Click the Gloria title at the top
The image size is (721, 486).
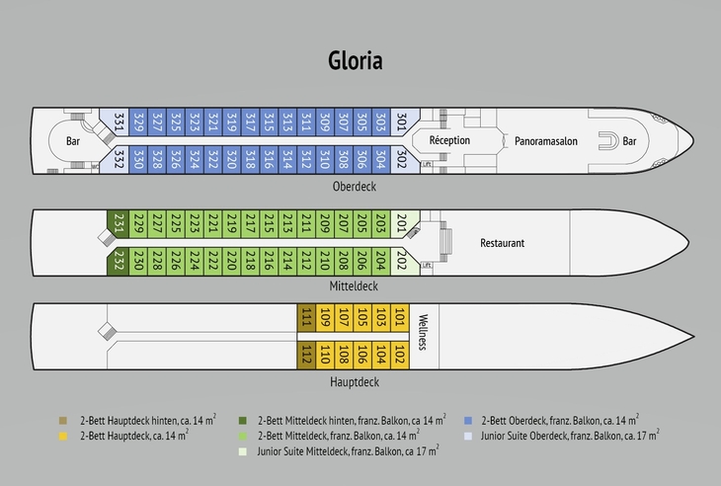click(x=356, y=60)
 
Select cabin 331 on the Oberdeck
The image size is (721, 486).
click(x=120, y=123)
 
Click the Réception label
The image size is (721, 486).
click(x=449, y=141)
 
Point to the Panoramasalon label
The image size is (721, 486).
click(x=545, y=141)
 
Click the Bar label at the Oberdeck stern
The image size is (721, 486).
click(x=73, y=141)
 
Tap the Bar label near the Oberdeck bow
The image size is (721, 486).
click(x=629, y=141)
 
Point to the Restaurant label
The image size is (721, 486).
click(x=502, y=243)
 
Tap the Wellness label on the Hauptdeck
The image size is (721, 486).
click(x=422, y=331)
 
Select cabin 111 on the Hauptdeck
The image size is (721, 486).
click(x=307, y=318)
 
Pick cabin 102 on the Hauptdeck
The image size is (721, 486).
click(x=399, y=355)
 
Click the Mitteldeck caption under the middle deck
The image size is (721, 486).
click(x=354, y=286)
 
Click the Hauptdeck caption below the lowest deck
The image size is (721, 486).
click(x=355, y=381)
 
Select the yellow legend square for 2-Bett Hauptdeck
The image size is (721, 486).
click(x=64, y=433)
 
